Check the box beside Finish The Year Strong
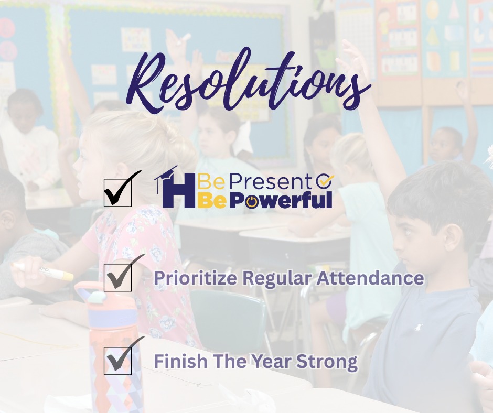117,361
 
